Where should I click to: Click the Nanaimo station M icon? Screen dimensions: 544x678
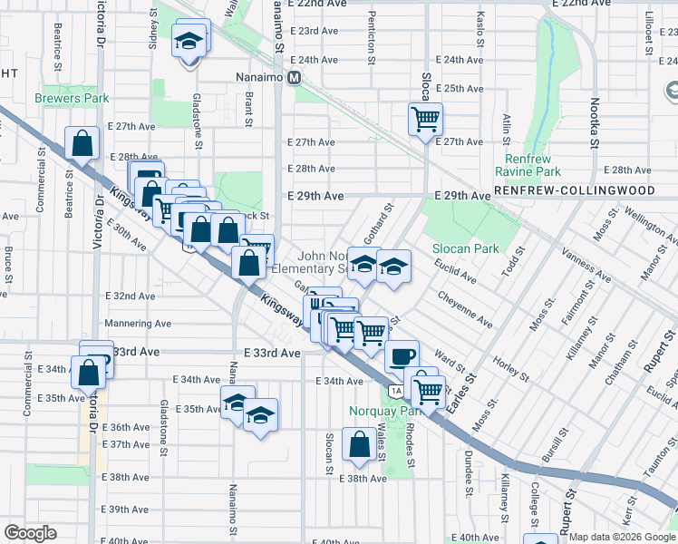pyautogui.click(x=295, y=78)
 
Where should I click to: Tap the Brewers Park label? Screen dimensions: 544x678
pyautogui.click(x=72, y=98)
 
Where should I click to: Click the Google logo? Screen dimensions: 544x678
pyautogui.click(x=30, y=533)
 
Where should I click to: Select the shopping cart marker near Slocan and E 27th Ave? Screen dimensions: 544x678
pyautogui.click(x=425, y=119)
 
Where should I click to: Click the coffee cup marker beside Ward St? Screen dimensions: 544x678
pyautogui.click(x=402, y=355)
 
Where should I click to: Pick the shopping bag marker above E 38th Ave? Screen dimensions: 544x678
pyautogui.click(x=359, y=444)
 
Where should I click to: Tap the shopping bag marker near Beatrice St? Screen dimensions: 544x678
pyautogui.click(x=82, y=142)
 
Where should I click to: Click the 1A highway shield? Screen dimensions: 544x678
pyautogui.click(x=396, y=391)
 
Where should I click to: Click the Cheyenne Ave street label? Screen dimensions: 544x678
pyautogui.click(x=465, y=308)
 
